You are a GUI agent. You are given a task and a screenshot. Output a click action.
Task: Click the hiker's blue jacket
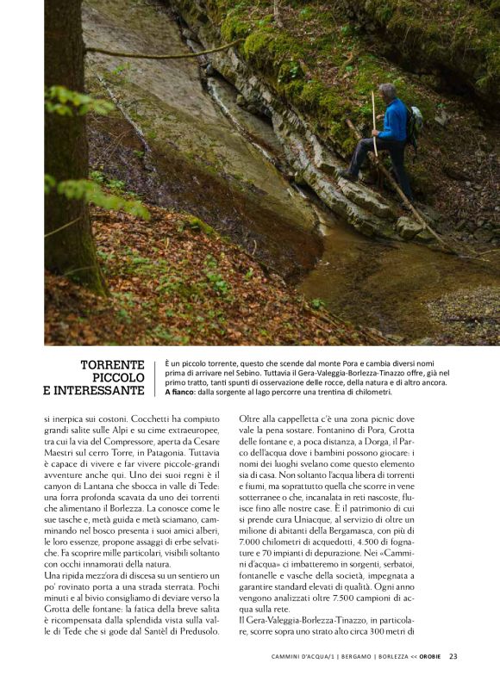[394, 121]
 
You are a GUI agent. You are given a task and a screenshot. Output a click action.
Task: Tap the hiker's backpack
[415, 123]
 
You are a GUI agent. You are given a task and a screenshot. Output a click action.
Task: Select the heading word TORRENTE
[112, 365]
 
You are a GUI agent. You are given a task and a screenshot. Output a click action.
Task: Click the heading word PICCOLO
[118, 378]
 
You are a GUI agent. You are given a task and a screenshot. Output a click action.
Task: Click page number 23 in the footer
[453, 657]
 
